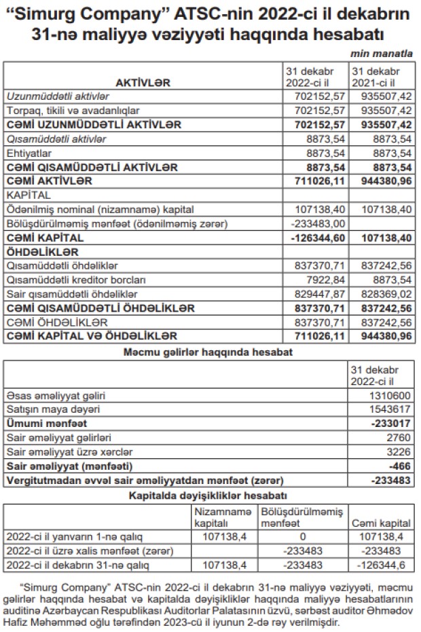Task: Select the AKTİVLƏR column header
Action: pyautogui.click(x=143, y=83)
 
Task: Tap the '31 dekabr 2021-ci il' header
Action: pyautogui.click(x=380, y=77)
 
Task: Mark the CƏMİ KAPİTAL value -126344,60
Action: pyautogui.click(x=316, y=238)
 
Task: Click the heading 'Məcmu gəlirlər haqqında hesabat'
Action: pyautogui.click(x=209, y=352)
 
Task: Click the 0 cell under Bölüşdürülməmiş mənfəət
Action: pyautogui.click(x=301, y=537)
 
